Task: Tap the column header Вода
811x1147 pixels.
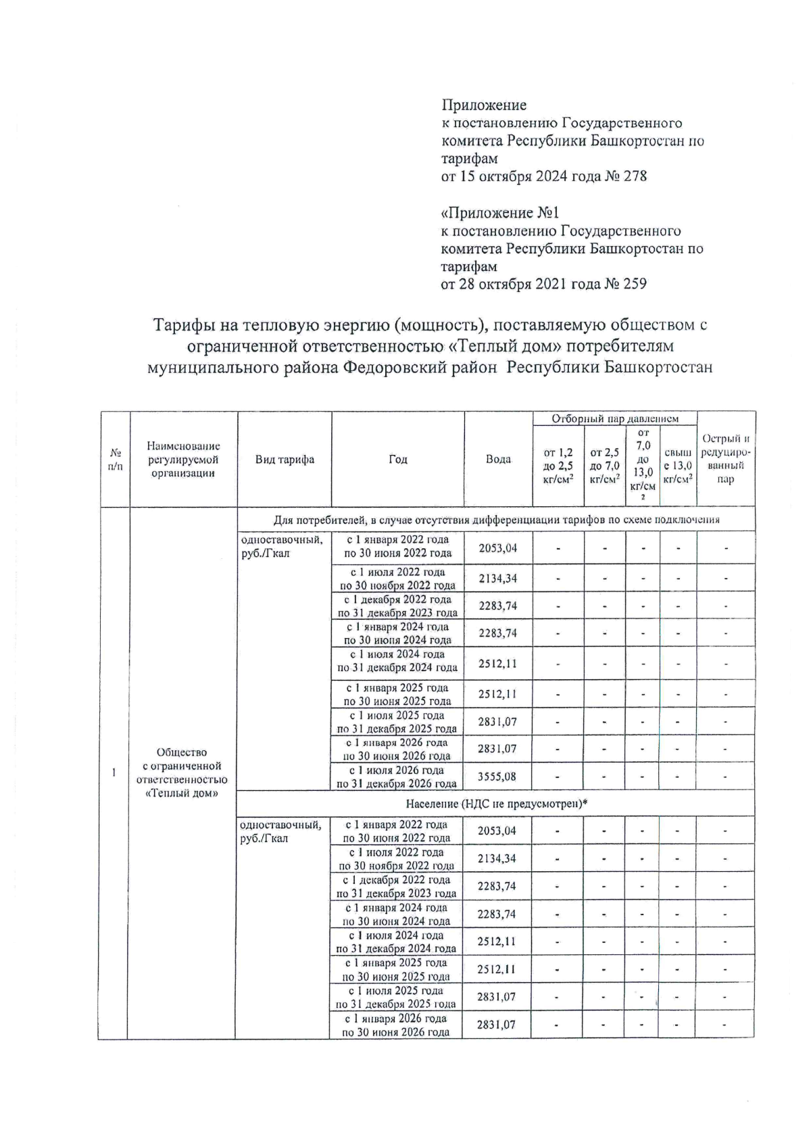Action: pyautogui.click(x=498, y=460)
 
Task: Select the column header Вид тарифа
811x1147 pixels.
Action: pyautogui.click(x=285, y=460)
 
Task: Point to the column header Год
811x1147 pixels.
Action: pyautogui.click(x=398, y=460)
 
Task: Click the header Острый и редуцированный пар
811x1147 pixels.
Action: pyautogui.click(x=726, y=459)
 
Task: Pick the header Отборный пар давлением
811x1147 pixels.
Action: pyautogui.click(x=614, y=419)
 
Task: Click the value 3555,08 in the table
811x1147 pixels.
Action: pyautogui.click(x=497, y=777)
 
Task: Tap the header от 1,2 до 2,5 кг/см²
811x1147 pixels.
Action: pyautogui.click(x=558, y=466)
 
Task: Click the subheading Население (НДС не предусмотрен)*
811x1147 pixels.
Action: pyautogui.click(x=496, y=804)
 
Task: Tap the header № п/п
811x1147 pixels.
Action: pyautogui.click(x=115, y=460)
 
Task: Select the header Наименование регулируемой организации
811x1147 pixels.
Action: pyautogui.click(x=183, y=460)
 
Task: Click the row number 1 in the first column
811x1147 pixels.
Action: pyautogui.click(x=114, y=773)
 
